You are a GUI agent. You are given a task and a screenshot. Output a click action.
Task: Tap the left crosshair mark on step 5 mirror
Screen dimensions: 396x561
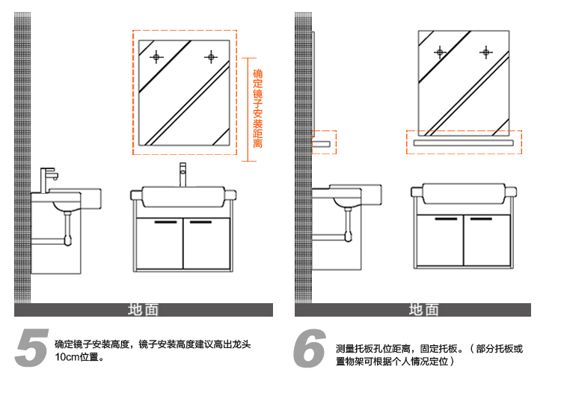(x=156, y=57)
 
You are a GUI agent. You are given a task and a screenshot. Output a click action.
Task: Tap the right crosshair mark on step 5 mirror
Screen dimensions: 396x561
(x=211, y=56)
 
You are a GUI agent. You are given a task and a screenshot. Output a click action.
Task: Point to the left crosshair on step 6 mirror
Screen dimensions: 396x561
(x=440, y=52)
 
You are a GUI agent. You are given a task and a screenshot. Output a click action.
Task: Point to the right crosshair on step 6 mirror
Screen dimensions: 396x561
(x=486, y=52)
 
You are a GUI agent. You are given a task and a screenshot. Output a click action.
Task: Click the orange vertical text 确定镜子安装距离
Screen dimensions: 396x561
(x=258, y=109)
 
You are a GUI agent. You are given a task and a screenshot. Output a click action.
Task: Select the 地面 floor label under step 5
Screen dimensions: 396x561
(x=143, y=310)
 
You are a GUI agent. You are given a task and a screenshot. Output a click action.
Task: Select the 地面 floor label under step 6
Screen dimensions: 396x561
(x=423, y=310)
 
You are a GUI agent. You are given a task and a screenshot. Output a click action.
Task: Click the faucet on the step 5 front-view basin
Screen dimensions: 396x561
(x=182, y=175)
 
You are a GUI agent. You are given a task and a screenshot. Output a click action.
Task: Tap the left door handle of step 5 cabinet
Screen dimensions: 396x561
(x=165, y=222)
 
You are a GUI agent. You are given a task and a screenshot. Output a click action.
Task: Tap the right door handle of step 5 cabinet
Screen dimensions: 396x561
(x=200, y=222)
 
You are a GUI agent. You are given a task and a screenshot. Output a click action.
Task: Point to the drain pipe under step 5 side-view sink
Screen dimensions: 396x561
(x=66, y=225)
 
